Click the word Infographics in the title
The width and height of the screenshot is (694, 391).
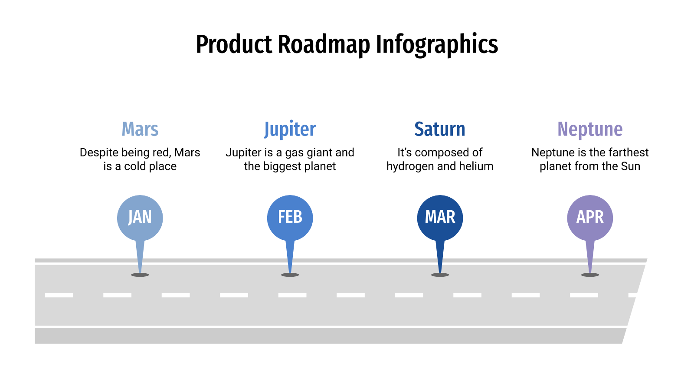(437, 44)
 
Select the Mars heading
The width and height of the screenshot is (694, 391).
(140, 129)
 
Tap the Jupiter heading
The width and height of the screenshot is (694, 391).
(290, 129)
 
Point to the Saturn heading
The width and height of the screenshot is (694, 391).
(440, 129)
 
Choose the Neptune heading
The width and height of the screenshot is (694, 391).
(590, 129)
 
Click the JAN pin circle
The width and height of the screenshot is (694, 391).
(140, 217)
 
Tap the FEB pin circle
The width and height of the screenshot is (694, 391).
(290, 217)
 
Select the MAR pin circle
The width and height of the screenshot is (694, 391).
(440, 217)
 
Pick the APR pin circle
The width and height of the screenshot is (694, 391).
(590, 217)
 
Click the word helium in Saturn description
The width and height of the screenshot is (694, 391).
(477, 166)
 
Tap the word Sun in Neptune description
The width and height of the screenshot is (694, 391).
(630, 166)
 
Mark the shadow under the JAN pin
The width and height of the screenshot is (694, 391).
(140, 275)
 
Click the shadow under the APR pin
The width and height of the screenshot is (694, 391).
(590, 275)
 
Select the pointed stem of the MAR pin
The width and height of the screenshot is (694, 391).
(440, 256)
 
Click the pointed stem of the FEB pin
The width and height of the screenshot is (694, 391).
(290, 256)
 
